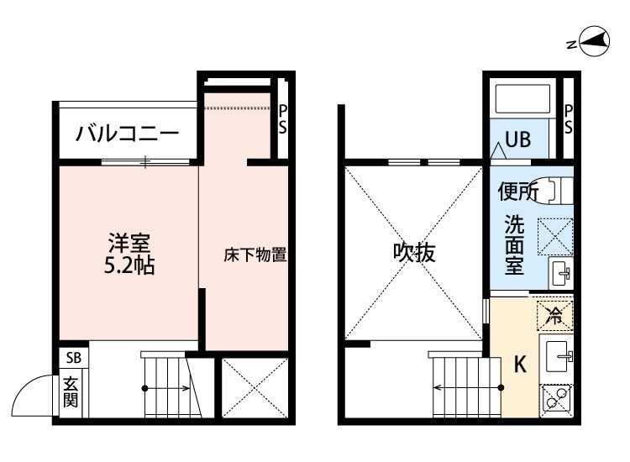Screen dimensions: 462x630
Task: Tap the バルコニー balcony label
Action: pos(127,134)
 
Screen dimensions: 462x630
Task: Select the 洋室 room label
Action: pos(129,244)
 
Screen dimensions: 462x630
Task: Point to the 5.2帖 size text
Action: pos(129,267)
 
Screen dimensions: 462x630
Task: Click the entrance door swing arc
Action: pos(34,389)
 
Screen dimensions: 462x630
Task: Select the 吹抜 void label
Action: pos(415,253)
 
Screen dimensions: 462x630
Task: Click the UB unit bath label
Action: pos(517,139)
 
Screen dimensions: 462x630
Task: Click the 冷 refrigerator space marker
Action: pos(554,316)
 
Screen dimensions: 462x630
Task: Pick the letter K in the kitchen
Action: pos(519,365)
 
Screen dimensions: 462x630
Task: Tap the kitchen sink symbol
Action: pos(558,357)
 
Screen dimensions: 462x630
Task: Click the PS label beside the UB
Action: pos(568,118)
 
